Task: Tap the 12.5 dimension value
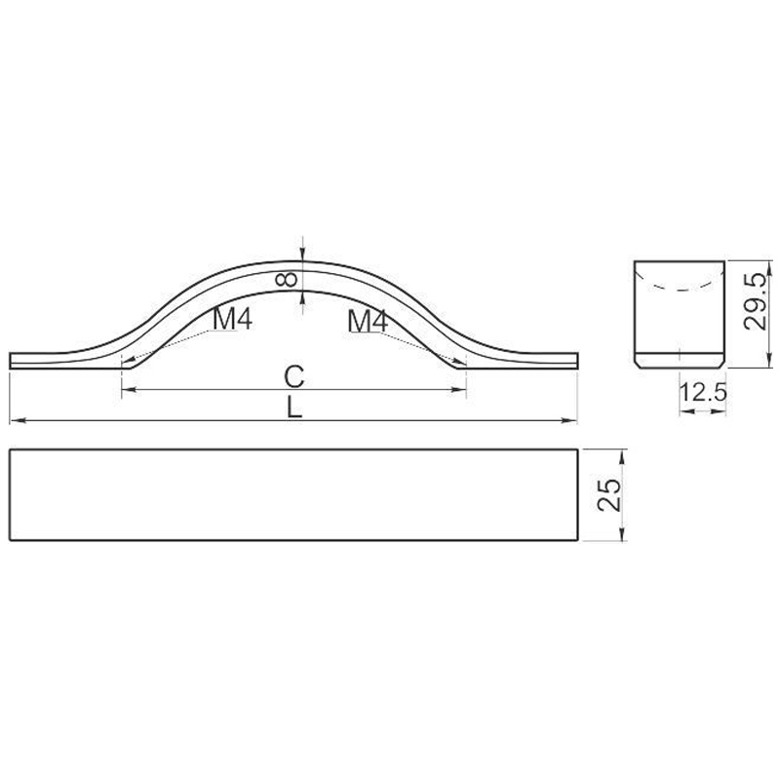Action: (x=702, y=393)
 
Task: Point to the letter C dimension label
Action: (x=294, y=376)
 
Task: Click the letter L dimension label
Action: (x=294, y=408)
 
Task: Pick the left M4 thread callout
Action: (x=232, y=319)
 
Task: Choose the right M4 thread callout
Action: (x=368, y=321)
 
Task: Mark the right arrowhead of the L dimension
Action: (x=569, y=421)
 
